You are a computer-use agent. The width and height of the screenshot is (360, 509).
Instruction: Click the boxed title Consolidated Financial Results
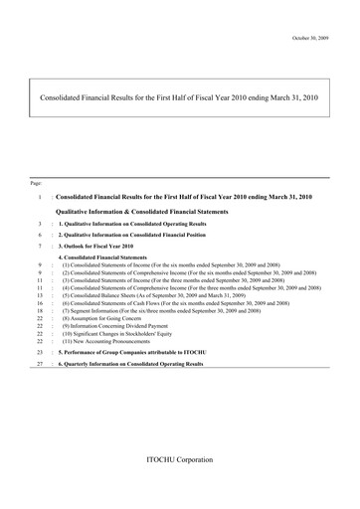(178, 99)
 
